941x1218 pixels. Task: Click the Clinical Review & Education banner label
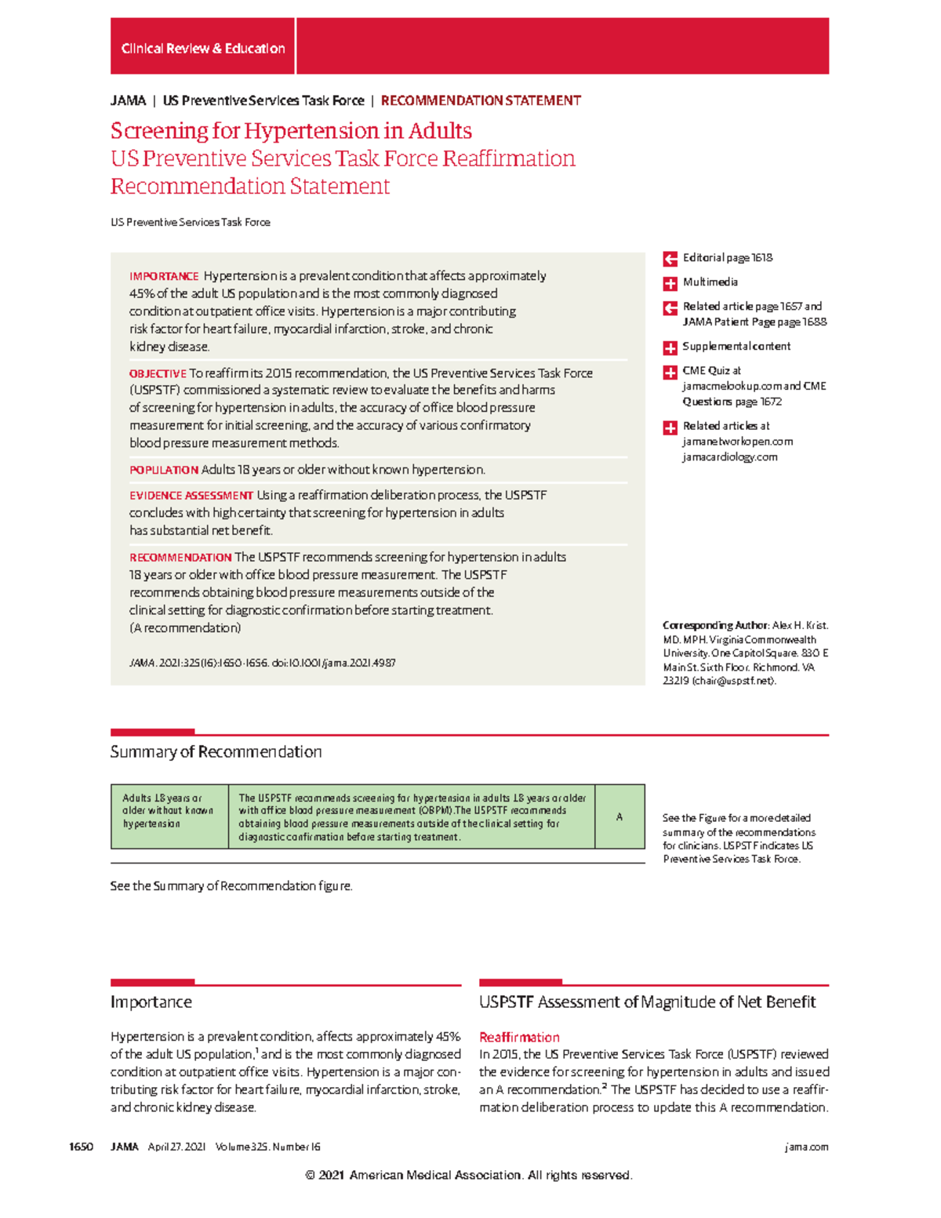[202, 49]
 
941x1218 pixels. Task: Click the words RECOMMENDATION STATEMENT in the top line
[480, 100]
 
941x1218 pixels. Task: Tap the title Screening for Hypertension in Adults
[291, 130]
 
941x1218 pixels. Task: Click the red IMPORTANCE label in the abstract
[164, 276]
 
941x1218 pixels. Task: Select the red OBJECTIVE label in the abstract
[158, 373]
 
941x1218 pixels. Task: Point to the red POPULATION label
[163, 470]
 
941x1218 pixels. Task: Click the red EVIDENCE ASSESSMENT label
[191, 496]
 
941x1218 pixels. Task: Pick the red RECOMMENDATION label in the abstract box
[180, 558]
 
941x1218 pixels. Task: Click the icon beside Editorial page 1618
[670, 259]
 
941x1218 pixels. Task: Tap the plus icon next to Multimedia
[670, 283]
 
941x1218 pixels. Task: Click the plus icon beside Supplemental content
[670, 347]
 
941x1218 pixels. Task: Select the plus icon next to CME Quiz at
[670, 372]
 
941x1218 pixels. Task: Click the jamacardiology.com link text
[729, 456]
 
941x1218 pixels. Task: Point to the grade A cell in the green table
[619, 816]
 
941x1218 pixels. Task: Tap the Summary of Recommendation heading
[216, 751]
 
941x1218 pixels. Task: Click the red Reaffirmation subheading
[519, 1037]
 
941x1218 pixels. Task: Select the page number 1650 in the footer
[82, 1147]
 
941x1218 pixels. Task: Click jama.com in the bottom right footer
[806, 1147]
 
